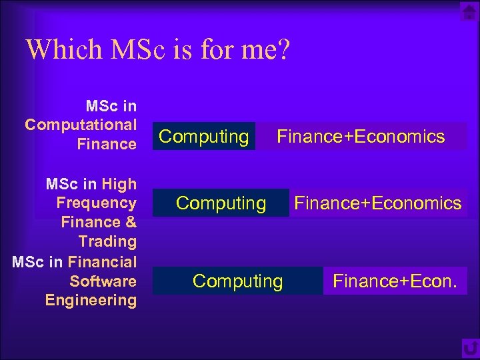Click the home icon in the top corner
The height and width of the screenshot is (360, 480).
[469, 12]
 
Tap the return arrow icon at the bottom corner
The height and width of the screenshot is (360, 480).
[470, 349]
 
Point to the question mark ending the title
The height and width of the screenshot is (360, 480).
[283, 50]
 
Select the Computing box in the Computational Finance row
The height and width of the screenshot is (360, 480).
[204, 137]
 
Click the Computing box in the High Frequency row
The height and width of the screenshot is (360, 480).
[221, 203]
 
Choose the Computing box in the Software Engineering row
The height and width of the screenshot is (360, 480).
[237, 281]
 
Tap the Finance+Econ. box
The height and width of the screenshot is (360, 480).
[395, 281]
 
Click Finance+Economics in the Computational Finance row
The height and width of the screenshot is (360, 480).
[361, 137]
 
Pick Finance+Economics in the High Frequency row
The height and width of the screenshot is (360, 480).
[378, 203]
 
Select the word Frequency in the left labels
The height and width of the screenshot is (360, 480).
[97, 203]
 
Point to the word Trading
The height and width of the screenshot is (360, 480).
[107, 241]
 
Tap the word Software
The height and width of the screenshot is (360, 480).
[103, 281]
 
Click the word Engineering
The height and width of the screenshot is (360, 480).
[91, 300]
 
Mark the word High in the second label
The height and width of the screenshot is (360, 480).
[121, 184]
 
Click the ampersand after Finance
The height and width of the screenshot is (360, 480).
[131, 222]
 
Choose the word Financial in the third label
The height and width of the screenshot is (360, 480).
[102, 261]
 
